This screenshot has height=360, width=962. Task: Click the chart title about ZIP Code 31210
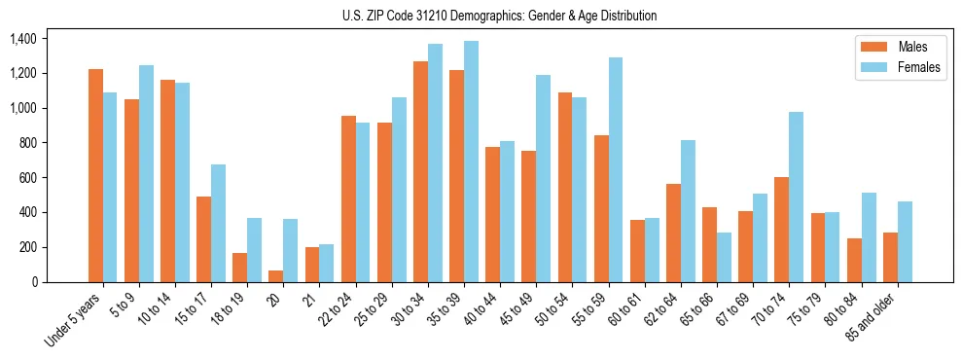[x=499, y=16]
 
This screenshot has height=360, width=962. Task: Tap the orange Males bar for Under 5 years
[x=95, y=175]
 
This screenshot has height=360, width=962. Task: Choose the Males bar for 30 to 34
[x=420, y=171]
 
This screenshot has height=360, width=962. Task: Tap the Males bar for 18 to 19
[x=239, y=268]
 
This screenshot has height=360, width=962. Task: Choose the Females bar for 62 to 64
[x=688, y=211]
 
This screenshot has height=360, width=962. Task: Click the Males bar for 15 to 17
[x=203, y=239]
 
